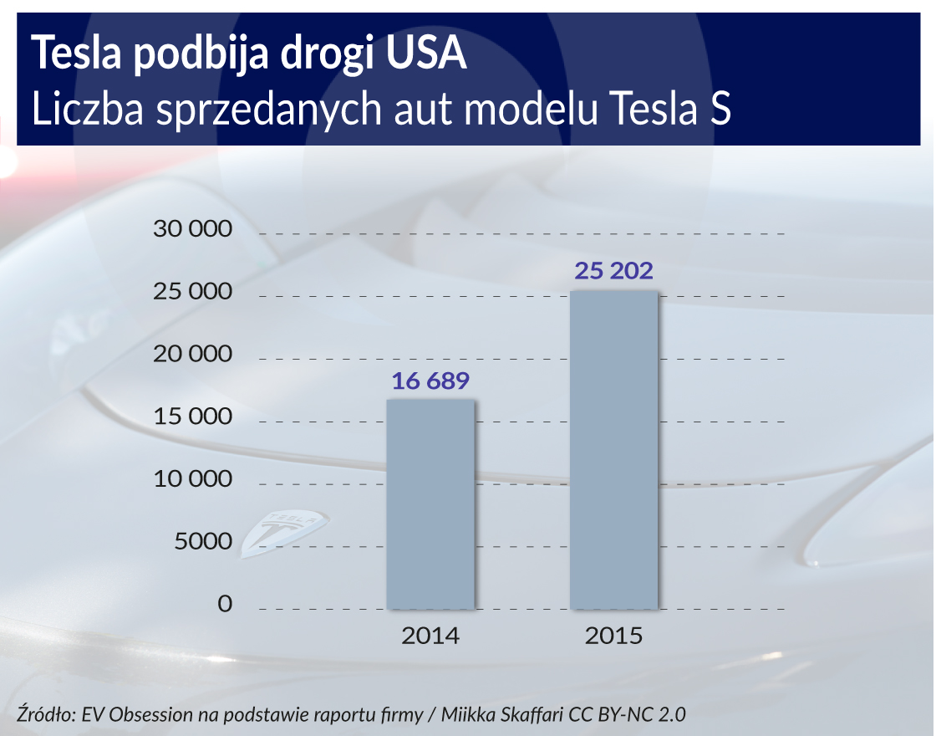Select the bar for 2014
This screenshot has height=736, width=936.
(x=430, y=503)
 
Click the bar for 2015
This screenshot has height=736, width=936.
(x=613, y=450)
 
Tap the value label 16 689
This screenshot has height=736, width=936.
(x=430, y=381)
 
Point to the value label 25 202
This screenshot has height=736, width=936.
(x=613, y=272)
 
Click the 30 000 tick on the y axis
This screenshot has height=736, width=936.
(x=192, y=230)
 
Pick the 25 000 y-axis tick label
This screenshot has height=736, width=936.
(x=192, y=292)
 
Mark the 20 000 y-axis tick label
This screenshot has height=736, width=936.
(x=192, y=355)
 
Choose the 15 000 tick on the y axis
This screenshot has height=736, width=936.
(x=192, y=417)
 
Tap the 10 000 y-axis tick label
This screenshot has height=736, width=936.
(x=192, y=479)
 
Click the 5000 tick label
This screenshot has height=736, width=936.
(x=202, y=542)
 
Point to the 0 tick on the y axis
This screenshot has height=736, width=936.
(x=224, y=604)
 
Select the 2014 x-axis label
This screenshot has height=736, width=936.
(x=430, y=636)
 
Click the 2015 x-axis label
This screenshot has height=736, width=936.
(x=613, y=636)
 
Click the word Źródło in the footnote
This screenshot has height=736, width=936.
(x=45, y=715)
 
